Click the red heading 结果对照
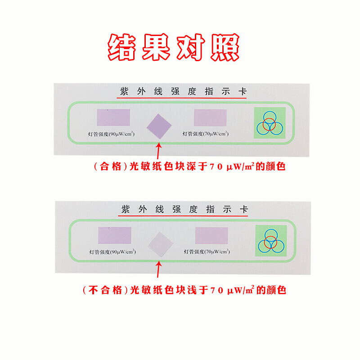[x=173, y=47]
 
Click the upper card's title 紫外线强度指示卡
[x=183, y=92]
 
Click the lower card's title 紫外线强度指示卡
[x=184, y=210]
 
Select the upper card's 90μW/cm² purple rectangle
[x=113, y=117]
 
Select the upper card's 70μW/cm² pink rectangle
[x=211, y=117]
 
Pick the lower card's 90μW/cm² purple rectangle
[x=115, y=236]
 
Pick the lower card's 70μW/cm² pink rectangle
[x=212, y=236]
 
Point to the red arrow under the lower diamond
[x=158, y=270]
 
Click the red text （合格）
[x=110, y=166]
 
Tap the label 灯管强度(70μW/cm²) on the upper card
[x=206, y=134]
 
